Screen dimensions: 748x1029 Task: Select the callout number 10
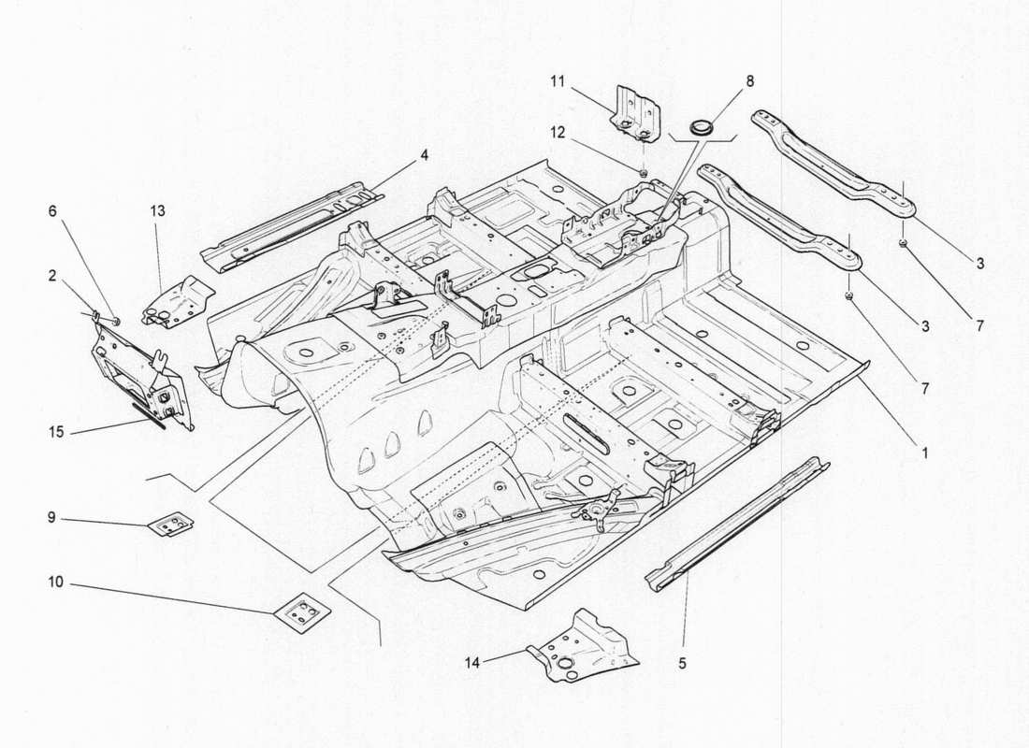point(56,582)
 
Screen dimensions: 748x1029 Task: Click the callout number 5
point(682,663)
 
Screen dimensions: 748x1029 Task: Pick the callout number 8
point(749,80)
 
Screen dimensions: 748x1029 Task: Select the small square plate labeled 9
point(169,525)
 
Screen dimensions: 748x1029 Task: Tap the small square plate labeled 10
point(301,613)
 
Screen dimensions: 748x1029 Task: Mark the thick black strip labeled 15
point(149,413)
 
